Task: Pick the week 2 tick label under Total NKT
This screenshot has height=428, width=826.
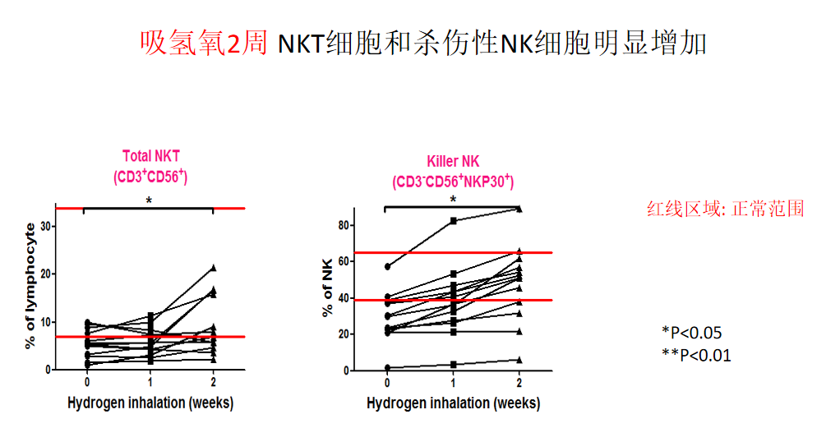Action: pyautogui.click(x=214, y=382)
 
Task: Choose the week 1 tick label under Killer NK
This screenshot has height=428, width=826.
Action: pyautogui.click(x=453, y=383)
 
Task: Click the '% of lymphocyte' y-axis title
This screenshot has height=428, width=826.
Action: pyautogui.click(x=30, y=285)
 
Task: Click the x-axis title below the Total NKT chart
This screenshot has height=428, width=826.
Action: pyautogui.click(x=150, y=403)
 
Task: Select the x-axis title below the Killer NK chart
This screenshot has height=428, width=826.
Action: pyautogui.click(x=453, y=403)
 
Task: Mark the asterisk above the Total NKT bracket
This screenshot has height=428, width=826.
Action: pyautogui.click(x=149, y=200)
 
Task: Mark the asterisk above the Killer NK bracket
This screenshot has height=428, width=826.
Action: pyautogui.click(x=452, y=199)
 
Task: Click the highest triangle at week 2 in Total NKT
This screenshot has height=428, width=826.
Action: pyautogui.click(x=214, y=268)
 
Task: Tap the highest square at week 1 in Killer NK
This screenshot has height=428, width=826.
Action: pyautogui.click(x=453, y=221)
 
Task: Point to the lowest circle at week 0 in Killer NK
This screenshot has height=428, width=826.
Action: pyautogui.click(x=387, y=367)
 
